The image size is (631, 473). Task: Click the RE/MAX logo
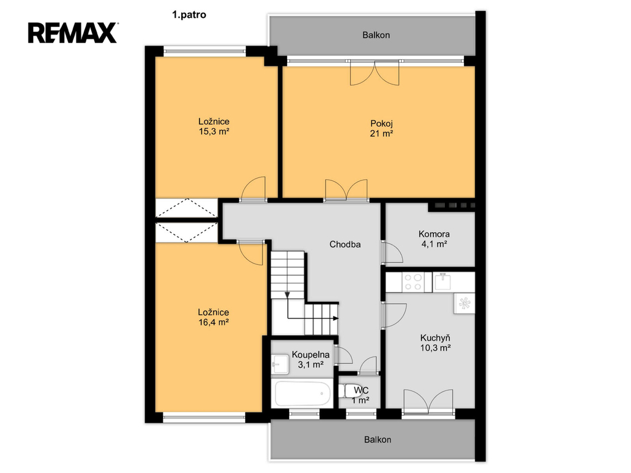click(73, 33)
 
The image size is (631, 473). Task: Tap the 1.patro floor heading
click(189, 15)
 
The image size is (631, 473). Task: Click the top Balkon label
click(376, 35)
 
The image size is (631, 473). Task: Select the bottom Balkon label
click(378, 440)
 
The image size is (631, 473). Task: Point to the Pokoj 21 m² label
click(381, 128)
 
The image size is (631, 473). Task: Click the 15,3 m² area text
click(214, 131)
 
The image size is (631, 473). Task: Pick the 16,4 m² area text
click(214, 321)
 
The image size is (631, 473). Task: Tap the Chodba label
click(345, 244)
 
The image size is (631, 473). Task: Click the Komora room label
click(434, 233)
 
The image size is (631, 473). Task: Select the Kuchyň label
click(435, 338)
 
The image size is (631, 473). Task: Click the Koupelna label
click(311, 355)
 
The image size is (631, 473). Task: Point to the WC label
click(361, 390)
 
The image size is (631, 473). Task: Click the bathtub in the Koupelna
click(303, 394)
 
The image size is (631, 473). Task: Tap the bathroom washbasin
click(280, 364)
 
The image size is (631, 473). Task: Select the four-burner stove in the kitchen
click(413, 282)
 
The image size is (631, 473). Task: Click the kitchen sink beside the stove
click(442, 282)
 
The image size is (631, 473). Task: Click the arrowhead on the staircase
click(336, 318)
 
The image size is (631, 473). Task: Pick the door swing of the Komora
click(393, 252)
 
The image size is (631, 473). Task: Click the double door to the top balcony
click(375, 73)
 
